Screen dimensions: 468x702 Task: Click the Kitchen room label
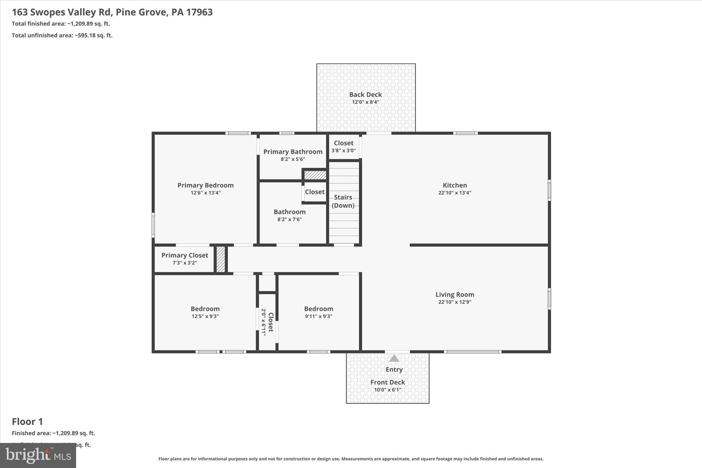tap(455, 185)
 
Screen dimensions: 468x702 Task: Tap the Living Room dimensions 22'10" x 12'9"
tap(455, 302)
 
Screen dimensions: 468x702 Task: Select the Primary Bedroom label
tap(205, 185)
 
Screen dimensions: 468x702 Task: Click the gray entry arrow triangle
tap(394, 358)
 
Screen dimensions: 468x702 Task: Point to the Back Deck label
tap(365, 95)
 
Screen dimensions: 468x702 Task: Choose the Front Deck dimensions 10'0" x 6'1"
tap(387, 390)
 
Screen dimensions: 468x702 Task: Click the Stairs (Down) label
tap(343, 201)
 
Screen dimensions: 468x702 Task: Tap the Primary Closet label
tap(185, 255)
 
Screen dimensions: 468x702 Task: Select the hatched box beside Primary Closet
tap(221, 260)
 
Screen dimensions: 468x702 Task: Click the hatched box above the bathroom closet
tap(315, 175)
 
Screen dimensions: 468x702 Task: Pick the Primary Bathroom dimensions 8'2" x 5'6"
tap(293, 159)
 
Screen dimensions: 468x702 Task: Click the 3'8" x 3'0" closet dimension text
tap(343, 151)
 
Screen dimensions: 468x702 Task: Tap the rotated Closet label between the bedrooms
tap(271, 322)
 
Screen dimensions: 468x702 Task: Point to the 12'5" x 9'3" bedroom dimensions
tap(205, 316)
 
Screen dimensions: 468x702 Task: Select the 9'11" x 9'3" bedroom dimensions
tap(318, 316)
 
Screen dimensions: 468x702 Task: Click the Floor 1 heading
tap(27, 421)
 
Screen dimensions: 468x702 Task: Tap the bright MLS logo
tap(38, 455)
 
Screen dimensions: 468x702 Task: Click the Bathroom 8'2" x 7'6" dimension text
tap(289, 219)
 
